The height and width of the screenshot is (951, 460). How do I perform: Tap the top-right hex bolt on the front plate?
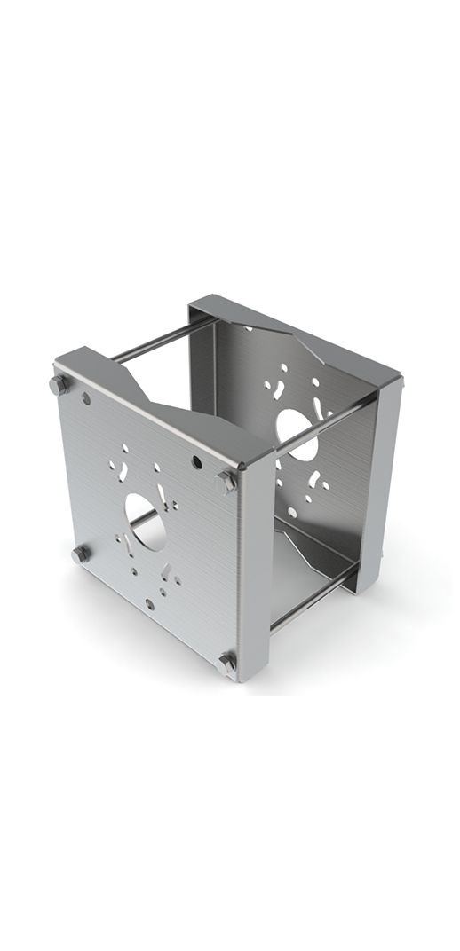point(226,481)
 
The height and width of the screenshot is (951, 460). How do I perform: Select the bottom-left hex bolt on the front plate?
point(80,554)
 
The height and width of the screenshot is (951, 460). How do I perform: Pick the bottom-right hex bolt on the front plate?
point(227,661)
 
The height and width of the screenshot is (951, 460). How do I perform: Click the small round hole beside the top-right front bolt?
point(195,462)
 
